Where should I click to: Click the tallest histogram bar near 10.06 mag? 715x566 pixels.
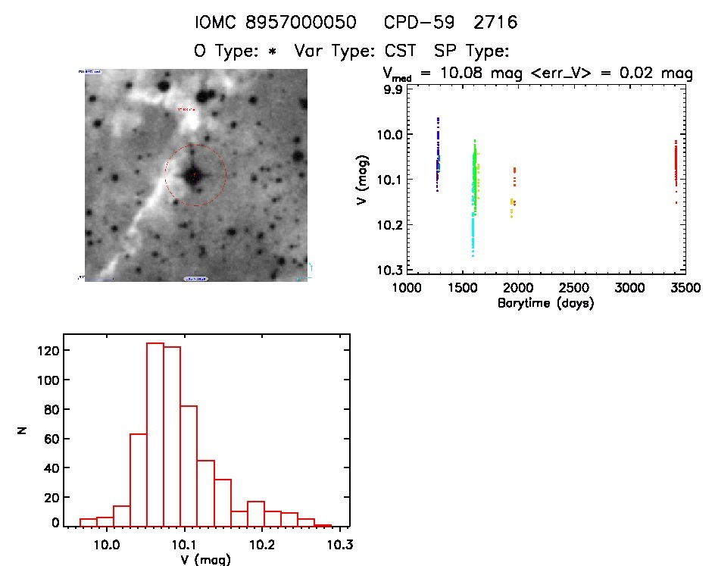coord(155,433)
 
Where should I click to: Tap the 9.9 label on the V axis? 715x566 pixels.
coord(393,89)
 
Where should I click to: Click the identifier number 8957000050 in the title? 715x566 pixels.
coord(305,23)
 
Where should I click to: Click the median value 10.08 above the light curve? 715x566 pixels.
coord(470,73)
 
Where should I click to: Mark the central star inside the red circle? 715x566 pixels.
coord(194,175)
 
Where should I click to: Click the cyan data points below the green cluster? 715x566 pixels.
coord(473,231)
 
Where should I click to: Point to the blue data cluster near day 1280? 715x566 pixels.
coord(437,155)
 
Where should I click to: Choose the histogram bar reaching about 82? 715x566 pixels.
coord(189,465)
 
